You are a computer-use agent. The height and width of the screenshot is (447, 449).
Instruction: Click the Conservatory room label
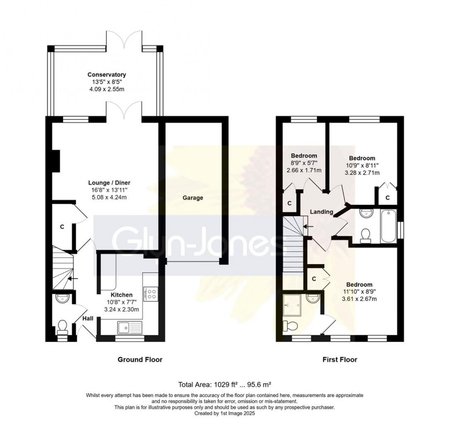[x=107, y=74]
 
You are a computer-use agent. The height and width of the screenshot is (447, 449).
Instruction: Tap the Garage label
[x=193, y=198]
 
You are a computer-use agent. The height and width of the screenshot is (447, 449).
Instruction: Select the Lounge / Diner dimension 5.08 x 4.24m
[x=107, y=198]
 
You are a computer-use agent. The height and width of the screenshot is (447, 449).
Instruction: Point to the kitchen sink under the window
[x=126, y=327]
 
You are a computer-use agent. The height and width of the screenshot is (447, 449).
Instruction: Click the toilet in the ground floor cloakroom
[x=62, y=326]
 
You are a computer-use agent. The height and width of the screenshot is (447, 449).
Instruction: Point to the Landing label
[x=321, y=212]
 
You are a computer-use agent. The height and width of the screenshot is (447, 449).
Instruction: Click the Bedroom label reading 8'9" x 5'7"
[x=304, y=156]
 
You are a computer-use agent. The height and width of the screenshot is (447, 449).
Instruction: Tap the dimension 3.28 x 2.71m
[x=362, y=173]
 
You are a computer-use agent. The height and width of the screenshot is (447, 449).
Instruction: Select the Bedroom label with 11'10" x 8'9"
[x=359, y=284]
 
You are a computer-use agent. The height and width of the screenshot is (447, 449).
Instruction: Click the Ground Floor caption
[x=140, y=359]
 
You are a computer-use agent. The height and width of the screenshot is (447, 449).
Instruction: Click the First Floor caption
[x=339, y=359]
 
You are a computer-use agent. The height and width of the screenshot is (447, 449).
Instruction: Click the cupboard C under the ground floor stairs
[x=62, y=227]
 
